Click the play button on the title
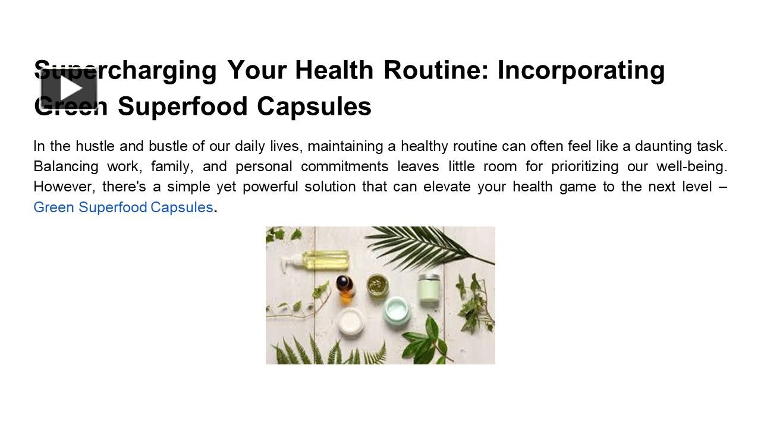69,89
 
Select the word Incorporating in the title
581,70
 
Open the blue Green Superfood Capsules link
123,207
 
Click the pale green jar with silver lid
429,288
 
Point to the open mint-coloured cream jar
395,310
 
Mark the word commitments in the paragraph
344,166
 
